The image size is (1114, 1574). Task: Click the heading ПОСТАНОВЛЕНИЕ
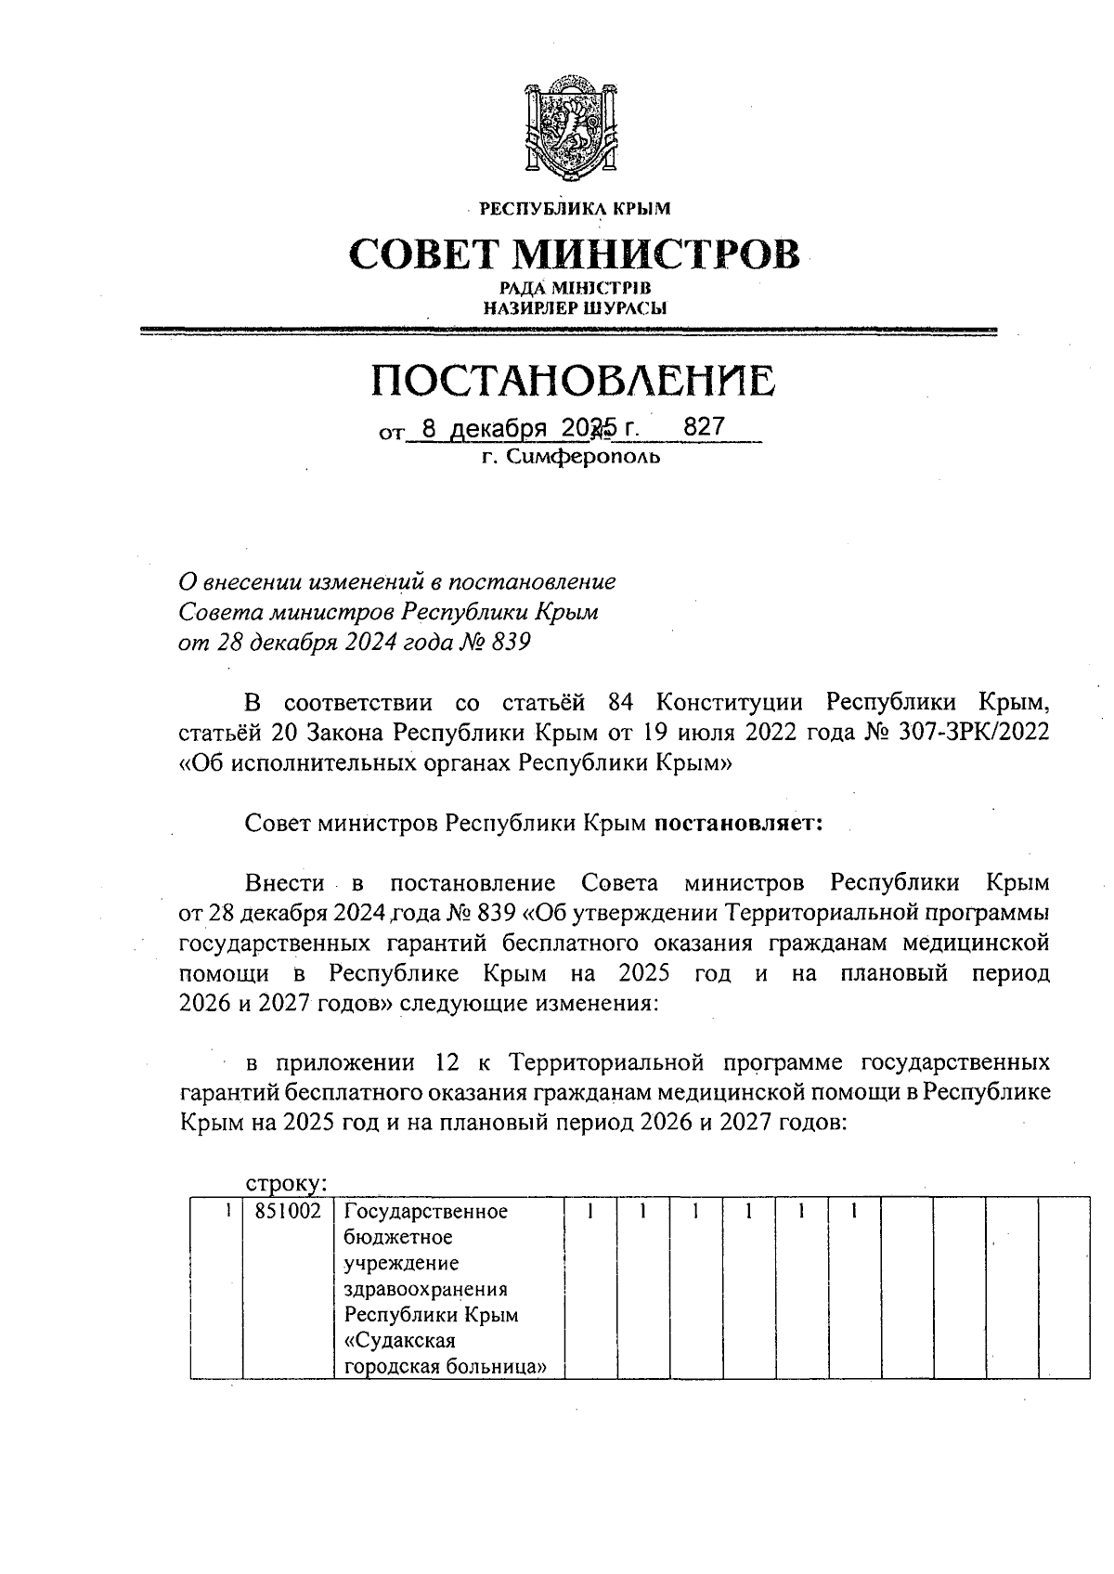[572, 380]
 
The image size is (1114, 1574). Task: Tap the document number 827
[703, 428]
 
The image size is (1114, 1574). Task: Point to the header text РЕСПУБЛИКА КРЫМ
[574, 209]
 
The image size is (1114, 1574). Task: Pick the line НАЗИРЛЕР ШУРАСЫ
[572, 307]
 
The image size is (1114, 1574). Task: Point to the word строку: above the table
[285, 1184]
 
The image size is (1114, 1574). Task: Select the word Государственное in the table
[425, 1212]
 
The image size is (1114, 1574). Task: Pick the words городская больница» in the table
[444, 1367]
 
